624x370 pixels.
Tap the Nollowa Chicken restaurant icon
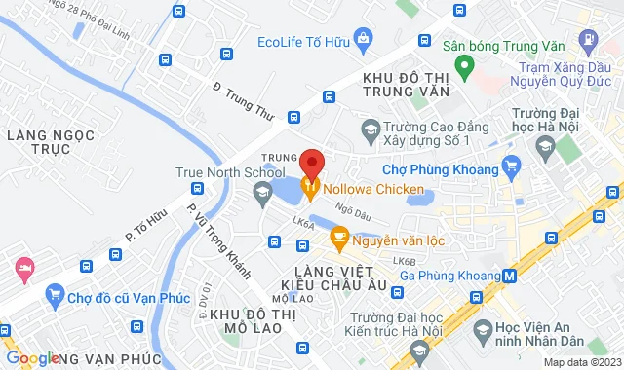click(311, 186)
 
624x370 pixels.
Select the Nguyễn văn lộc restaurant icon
click(339, 237)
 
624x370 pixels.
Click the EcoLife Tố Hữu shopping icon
click(364, 41)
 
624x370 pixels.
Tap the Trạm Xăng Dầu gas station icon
click(588, 41)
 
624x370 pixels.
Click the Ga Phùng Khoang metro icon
click(508, 276)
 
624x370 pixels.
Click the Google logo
click(31, 358)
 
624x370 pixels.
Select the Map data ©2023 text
click(580, 362)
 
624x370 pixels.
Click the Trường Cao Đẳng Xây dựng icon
click(370, 129)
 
